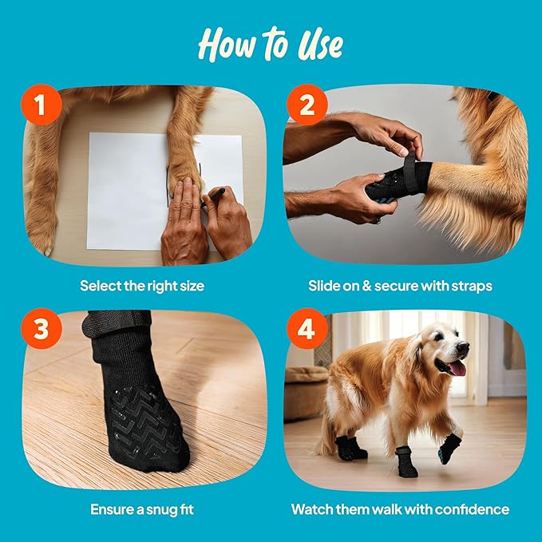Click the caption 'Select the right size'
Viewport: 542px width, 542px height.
coord(142,285)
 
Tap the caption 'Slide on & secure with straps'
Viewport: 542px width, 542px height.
coord(400,285)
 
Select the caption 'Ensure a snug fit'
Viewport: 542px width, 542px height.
coord(142,508)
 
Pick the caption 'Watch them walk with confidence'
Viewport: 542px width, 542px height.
coord(400,508)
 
